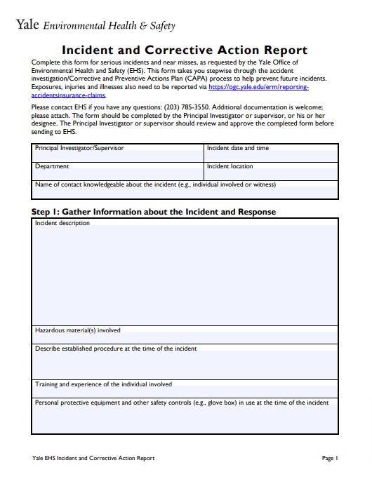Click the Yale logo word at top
pyautogui.click(x=27, y=25)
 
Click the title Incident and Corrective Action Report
pyautogui.click(x=185, y=50)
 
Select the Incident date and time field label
pyautogui.click(x=238, y=149)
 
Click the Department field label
pyautogui.click(x=52, y=167)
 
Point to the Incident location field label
pyautogui.click(x=230, y=167)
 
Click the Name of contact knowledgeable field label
pyautogui.click(x=155, y=185)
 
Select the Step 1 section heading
pyautogui.click(x=154, y=212)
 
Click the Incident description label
pyautogui.click(x=62, y=224)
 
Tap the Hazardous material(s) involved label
pyautogui.click(x=78, y=330)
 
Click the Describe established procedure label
pyautogui.click(x=116, y=349)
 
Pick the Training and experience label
pyautogui.click(x=103, y=385)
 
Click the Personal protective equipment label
pyautogui.click(x=182, y=403)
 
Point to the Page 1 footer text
pyautogui.click(x=330, y=459)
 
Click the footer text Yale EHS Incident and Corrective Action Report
pyautogui.click(x=93, y=459)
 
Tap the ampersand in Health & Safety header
pyautogui.click(x=143, y=26)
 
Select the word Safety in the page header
pyautogui.click(x=162, y=26)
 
